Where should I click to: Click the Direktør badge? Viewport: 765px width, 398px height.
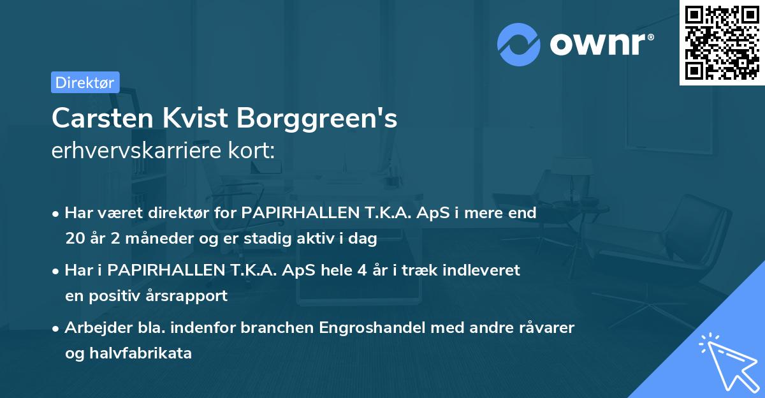coord(85,82)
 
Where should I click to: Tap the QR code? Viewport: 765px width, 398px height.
coord(722,43)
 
